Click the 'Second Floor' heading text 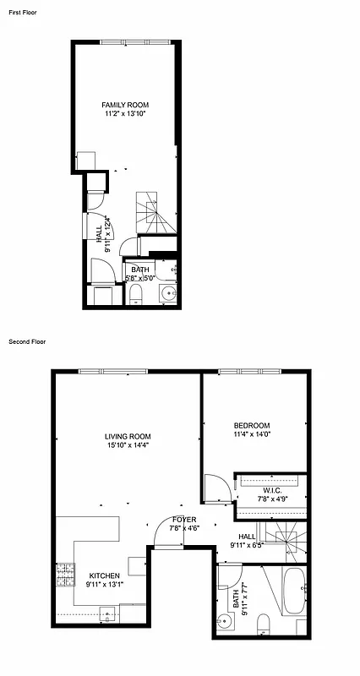[26, 342]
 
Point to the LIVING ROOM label [128, 437]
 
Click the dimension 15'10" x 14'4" [128, 445]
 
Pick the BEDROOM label [252, 425]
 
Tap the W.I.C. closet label [272, 490]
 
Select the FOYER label [184, 520]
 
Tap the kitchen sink [107, 613]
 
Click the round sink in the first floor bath [167, 294]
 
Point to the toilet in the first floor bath [136, 293]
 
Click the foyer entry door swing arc [167, 534]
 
